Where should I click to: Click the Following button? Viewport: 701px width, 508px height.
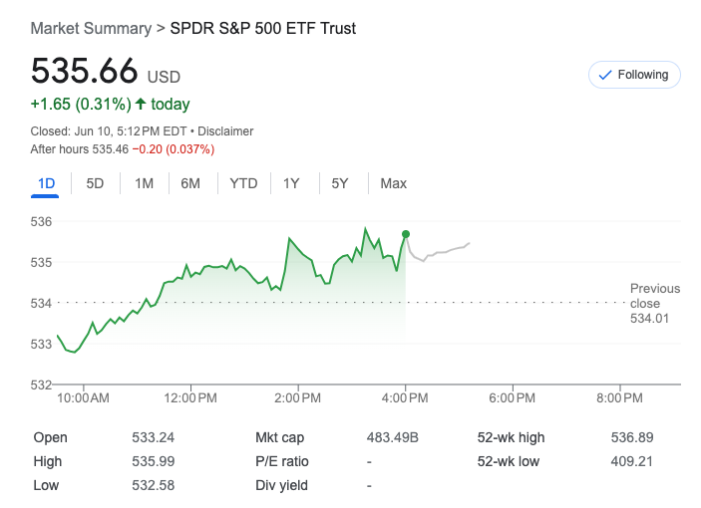pos(634,75)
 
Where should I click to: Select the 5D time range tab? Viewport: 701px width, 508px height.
pos(95,183)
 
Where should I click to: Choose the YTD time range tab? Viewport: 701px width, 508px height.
pos(243,183)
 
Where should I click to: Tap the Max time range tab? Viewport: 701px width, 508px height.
pos(393,183)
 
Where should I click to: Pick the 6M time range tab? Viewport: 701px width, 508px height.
pos(190,183)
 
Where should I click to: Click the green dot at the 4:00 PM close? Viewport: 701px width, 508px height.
pos(406,234)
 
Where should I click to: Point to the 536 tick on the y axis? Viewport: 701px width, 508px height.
pos(41,221)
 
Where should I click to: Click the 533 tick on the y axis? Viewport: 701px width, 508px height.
pos(41,344)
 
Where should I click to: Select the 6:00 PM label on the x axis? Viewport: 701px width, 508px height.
pos(513,397)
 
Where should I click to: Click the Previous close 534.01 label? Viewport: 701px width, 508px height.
pos(654,303)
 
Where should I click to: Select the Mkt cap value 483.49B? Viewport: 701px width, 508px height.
pos(393,437)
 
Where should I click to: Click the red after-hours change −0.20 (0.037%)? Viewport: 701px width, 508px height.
pos(174,149)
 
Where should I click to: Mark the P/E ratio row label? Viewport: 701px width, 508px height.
pos(282,461)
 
